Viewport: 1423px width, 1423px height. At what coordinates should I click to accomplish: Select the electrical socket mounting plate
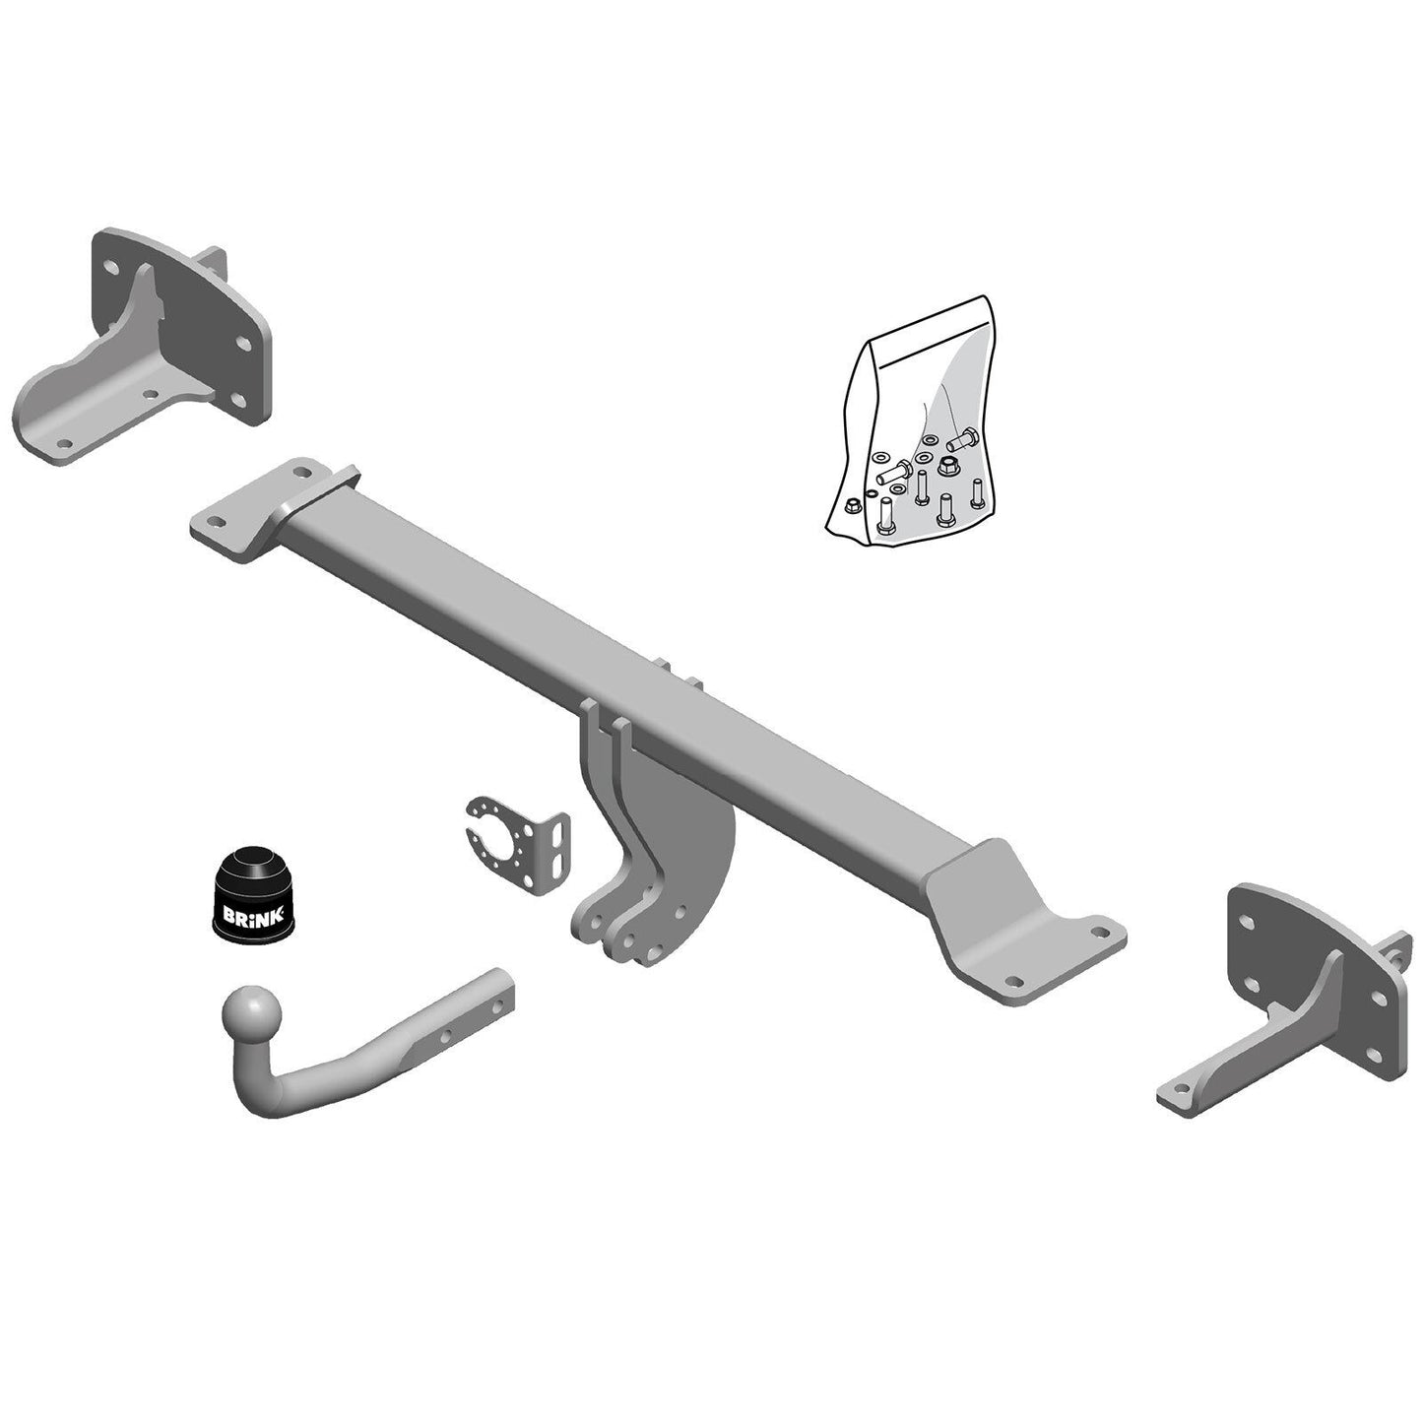518,843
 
